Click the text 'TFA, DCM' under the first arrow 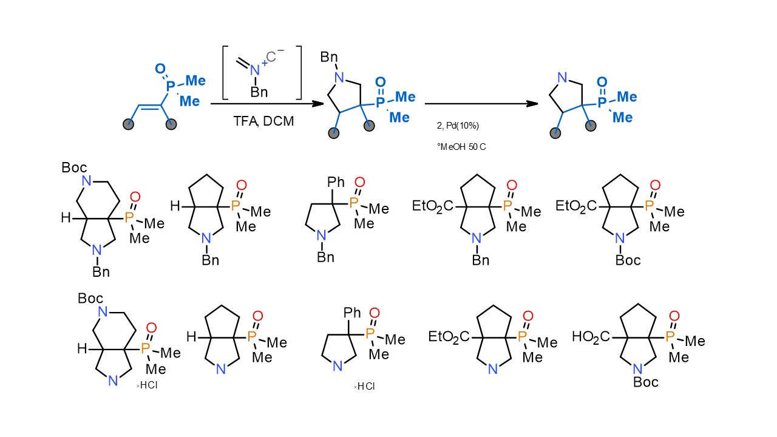tap(263, 121)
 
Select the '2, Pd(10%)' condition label tap(458, 126)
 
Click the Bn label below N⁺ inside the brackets tap(259, 92)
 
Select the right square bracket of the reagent tap(298, 71)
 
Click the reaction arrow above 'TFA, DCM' tap(266, 104)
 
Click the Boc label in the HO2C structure tap(646, 383)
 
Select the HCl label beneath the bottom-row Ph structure tap(365, 387)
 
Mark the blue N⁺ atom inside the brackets tap(255, 71)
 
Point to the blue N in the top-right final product tap(563, 78)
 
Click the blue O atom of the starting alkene tap(160, 68)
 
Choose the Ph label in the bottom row tap(352, 313)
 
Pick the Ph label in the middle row tap(336, 182)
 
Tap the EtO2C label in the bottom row tap(450, 337)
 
